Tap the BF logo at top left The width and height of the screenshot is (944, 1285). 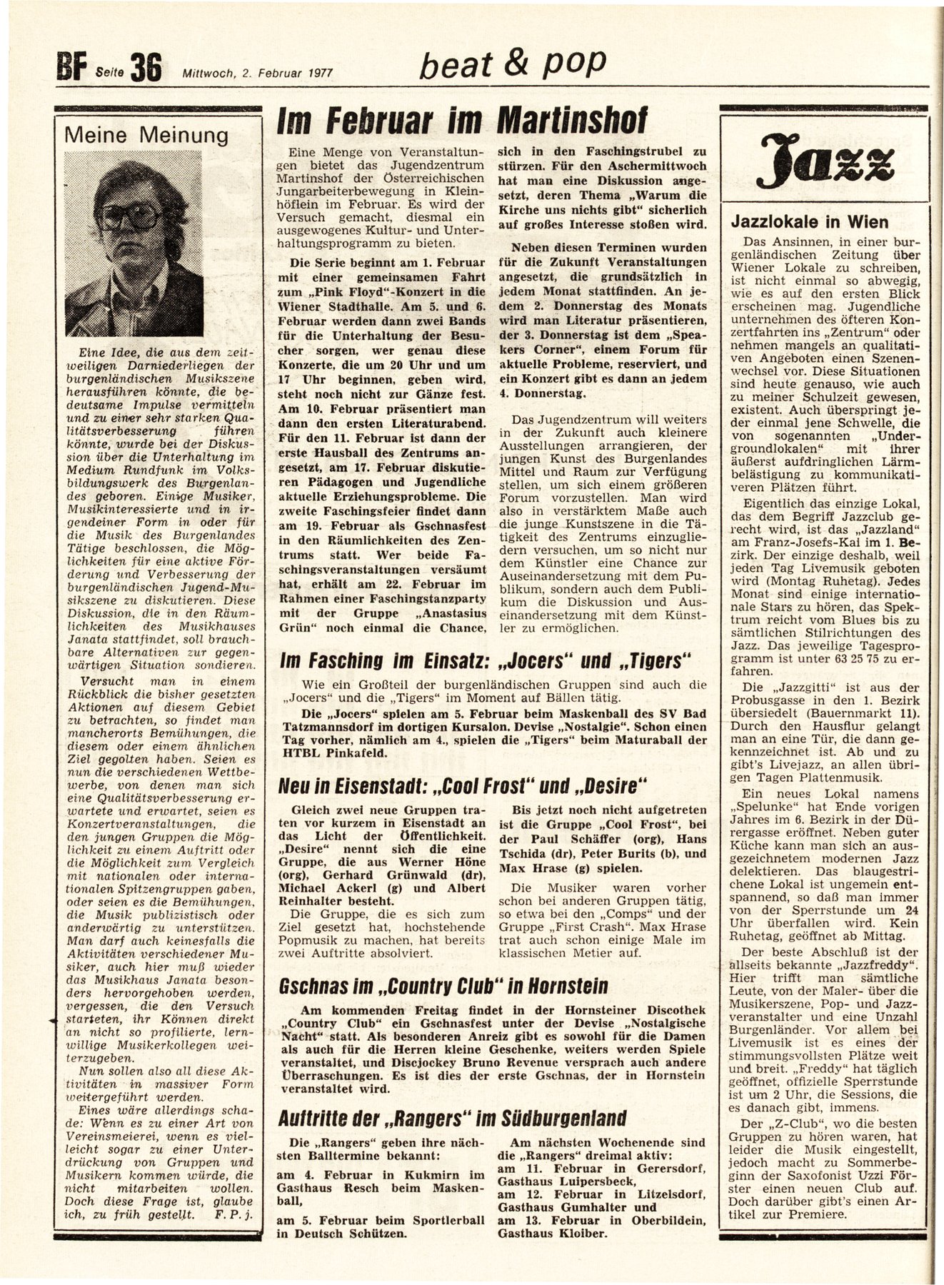pos(72,70)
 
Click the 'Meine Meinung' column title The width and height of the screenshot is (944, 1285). pos(146,135)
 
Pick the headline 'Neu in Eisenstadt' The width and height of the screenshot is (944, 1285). pos(463,786)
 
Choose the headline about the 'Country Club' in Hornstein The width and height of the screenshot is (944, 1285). pos(443,987)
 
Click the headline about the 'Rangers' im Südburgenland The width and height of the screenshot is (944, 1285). pos(453,1117)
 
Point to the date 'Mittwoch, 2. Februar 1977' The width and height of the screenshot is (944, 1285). pos(258,72)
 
